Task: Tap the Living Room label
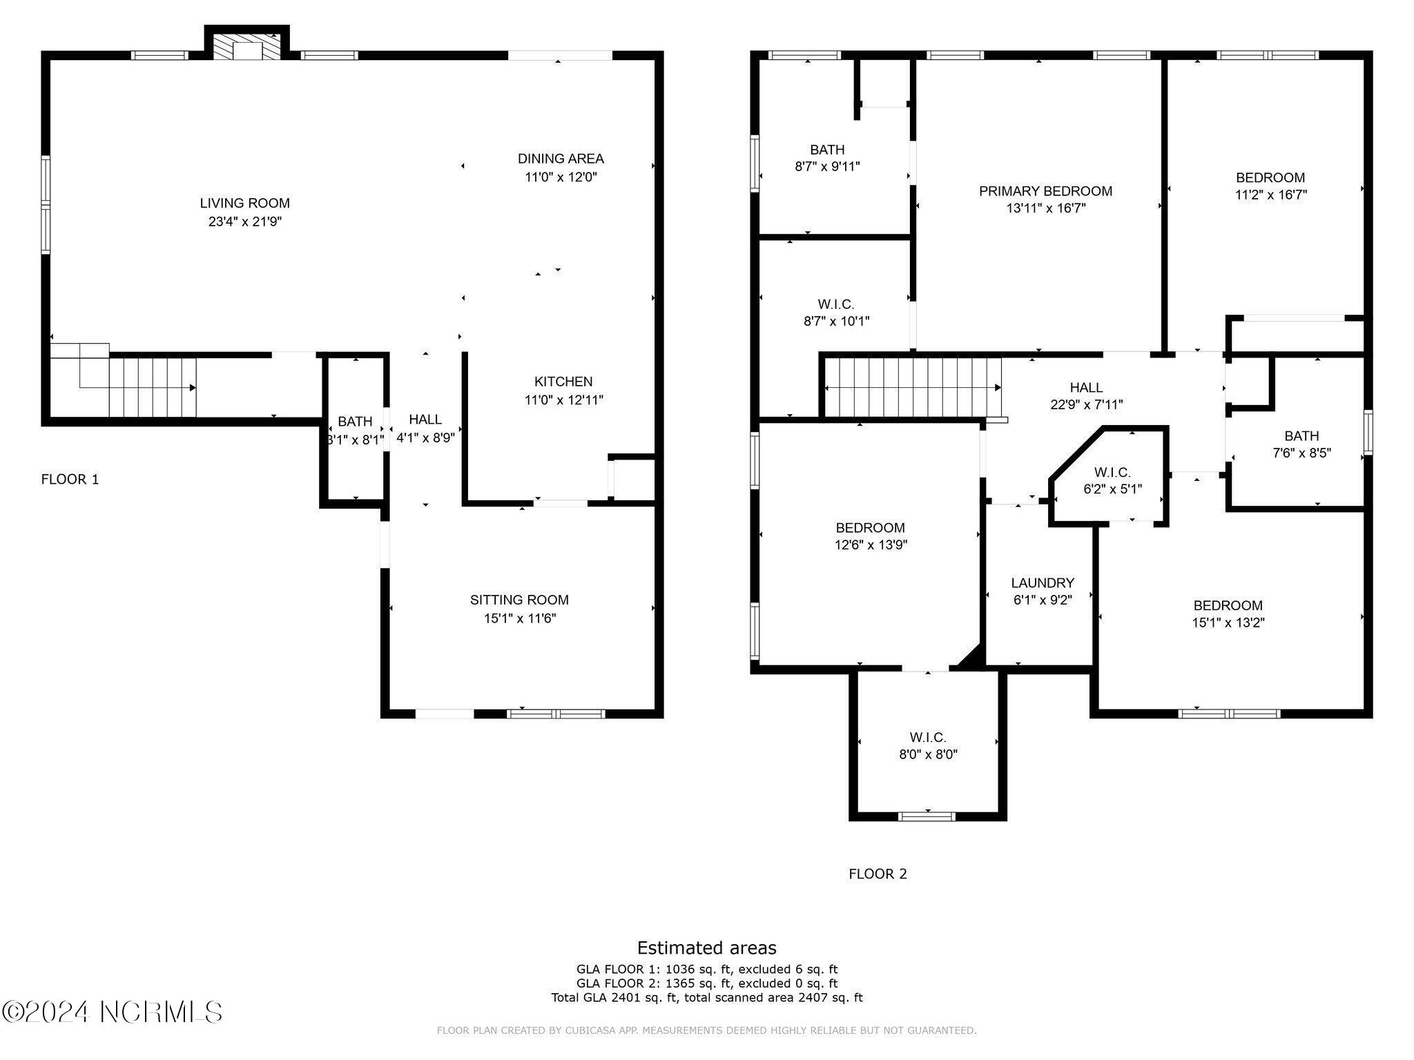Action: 245,203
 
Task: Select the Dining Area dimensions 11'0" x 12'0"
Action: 561,177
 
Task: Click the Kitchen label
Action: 563,381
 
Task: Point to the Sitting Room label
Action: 519,600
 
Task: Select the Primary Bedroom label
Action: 1045,190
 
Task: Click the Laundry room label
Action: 1043,583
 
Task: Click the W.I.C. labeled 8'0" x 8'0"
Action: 928,746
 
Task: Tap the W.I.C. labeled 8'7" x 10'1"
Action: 836,313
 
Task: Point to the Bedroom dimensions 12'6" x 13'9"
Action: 871,545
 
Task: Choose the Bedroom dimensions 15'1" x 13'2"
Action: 1228,622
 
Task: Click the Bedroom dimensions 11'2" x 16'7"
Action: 1270,195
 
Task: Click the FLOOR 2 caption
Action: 878,874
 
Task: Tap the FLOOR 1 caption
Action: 70,479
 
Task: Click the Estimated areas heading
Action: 706,948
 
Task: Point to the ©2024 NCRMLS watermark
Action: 112,1012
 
